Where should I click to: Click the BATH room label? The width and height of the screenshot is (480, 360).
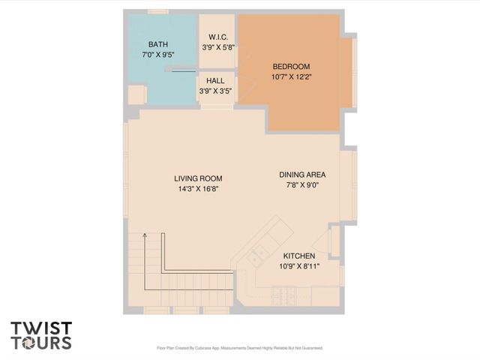(158, 44)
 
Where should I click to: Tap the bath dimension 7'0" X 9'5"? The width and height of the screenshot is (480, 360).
(158, 54)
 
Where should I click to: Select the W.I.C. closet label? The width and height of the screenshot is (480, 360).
(218, 37)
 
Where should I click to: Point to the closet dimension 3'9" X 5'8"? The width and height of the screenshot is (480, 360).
(218, 46)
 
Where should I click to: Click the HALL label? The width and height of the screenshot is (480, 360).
(215, 81)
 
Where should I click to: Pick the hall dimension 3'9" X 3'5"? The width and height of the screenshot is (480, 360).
(215, 91)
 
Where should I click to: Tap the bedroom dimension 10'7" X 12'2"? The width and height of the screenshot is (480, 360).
(290, 76)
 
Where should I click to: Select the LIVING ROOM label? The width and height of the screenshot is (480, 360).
(198, 178)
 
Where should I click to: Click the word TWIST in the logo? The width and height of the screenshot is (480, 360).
(41, 328)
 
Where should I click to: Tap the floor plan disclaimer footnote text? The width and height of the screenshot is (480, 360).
(239, 348)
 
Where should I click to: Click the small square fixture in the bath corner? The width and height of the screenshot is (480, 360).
(136, 94)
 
